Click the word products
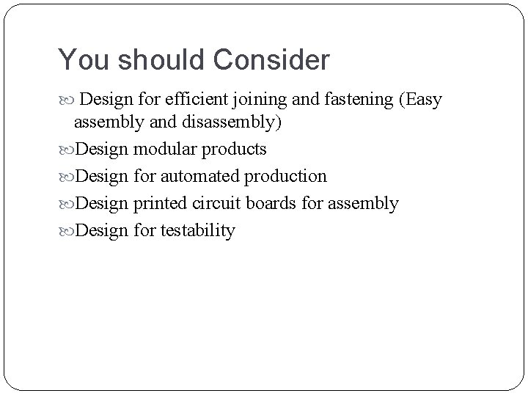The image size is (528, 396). tap(235, 150)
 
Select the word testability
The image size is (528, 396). tap(197, 230)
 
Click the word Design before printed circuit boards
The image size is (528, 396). tap(102, 203)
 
